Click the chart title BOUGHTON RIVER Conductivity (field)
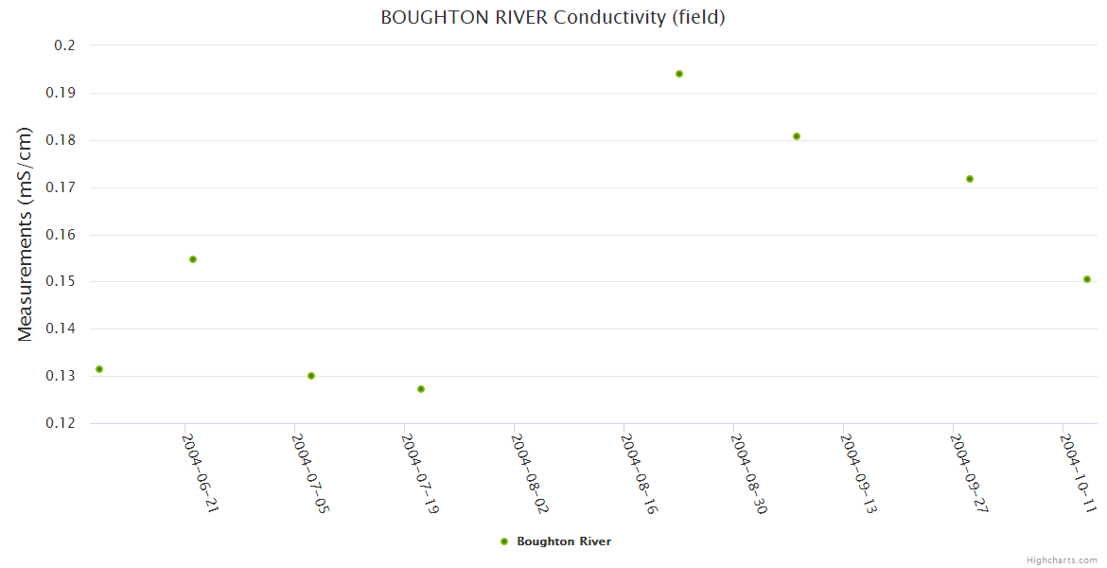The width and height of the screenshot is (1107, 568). pyautogui.click(x=553, y=17)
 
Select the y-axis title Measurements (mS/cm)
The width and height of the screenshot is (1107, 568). pyautogui.click(x=26, y=234)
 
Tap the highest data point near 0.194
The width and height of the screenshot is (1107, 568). pyautogui.click(x=679, y=74)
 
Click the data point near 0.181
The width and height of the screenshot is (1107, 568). pyautogui.click(x=797, y=136)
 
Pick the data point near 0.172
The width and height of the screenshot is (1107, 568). pyautogui.click(x=970, y=179)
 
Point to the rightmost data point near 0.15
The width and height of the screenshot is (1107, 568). pyautogui.click(x=1087, y=279)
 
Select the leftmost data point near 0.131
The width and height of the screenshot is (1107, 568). pyautogui.click(x=99, y=369)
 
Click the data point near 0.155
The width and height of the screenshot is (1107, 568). pyautogui.click(x=193, y=259)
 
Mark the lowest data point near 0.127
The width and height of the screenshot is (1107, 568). pyautogui.click(x=421, y=389)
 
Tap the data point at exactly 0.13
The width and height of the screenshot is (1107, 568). pyautogui.click(x=311, y=376)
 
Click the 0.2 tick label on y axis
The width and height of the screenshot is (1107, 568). pyautogui.click(x=65, y=45)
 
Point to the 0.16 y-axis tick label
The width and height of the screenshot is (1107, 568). pyautogui.click(x=61, y=235)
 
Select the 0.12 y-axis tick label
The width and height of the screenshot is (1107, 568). pyautogui.click(x=61, y=423)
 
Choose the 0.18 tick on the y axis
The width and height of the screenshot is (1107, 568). pyautogui.click(x=61, y=140)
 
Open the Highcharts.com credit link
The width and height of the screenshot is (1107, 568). pyautogui.click(x=1062, y=559)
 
